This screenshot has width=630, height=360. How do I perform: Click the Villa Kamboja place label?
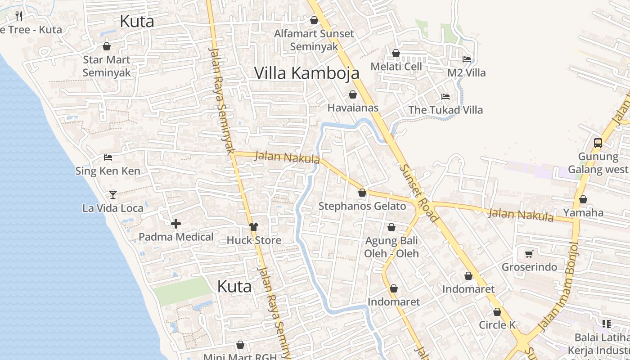point(306,73)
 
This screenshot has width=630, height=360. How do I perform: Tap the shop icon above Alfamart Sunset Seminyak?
point(314,20)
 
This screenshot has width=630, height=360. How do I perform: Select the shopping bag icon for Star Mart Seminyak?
point(107,46)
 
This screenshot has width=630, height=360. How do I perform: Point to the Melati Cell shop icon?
point(396,53)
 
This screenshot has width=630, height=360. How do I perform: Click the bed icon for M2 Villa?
point(467,59)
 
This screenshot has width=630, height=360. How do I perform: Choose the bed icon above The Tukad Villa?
point(445,97)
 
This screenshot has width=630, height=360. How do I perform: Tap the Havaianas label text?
point(353,108)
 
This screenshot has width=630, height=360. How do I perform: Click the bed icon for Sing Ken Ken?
point(108,157)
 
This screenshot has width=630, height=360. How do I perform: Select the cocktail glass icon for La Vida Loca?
point(113,195)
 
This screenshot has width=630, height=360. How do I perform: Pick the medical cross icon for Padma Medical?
point(176,224)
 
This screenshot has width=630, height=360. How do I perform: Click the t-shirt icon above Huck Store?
point(254,227)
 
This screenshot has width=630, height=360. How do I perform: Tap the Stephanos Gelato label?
point(362,206)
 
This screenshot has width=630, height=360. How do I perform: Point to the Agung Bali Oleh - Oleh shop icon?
point(391,227)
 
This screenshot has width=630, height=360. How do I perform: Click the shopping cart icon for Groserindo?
point(529,254)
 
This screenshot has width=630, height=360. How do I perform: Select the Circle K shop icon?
point(497,312)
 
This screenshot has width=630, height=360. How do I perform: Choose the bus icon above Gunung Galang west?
point(598,143)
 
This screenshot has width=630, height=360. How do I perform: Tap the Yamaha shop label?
point(583,212)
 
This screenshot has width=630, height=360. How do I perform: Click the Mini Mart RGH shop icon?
point(240,345)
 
